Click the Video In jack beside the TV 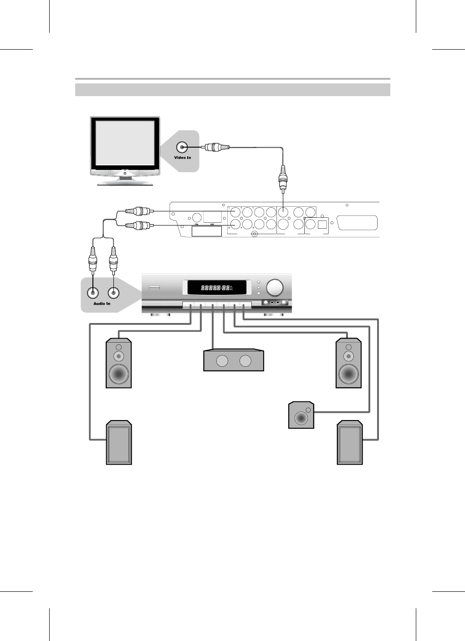pos(183,147)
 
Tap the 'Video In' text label pos(183,158)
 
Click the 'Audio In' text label pos(102,303)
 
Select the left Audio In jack pos(93,293)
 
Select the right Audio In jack pos(113,293)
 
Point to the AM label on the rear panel pos(212,225)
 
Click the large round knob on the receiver pos(275,287)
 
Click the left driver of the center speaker pos(222,361)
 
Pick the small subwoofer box pos(301,415)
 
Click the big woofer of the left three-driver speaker pos(119,374)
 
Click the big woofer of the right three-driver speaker pos(349,374)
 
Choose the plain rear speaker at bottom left pos(119,443)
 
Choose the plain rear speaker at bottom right pos(350,443)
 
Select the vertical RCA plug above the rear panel pos(283,179)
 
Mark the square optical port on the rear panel pos(322,224)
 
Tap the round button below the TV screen pos(125,174)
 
